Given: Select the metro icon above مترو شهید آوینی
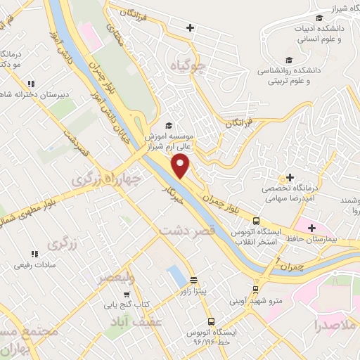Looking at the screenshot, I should coord(255,289).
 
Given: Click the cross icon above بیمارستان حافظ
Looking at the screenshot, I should coord(309,226).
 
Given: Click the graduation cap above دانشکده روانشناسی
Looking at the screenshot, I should coord(288,60).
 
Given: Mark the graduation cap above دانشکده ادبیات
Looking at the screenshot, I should coord(320,18).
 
